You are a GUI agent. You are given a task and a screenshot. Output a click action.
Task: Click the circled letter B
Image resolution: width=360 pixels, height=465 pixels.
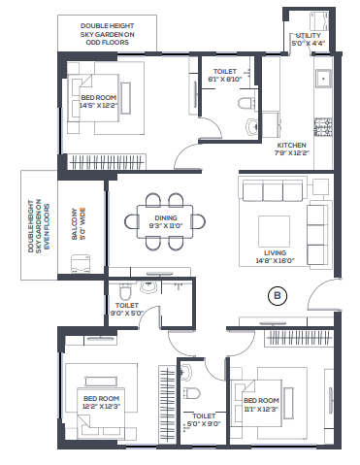(x=278, y=295)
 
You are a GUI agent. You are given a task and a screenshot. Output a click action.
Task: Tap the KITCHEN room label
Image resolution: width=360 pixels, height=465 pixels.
(x=291, y=145)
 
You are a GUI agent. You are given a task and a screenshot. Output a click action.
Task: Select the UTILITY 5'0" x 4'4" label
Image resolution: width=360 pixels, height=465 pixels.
(x=308, y=39)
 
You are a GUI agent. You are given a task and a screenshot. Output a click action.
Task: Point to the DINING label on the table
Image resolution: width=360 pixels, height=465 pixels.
(x=166, y=217)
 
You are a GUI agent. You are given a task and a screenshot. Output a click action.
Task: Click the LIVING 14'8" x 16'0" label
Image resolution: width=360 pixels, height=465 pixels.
(x=275, y=256)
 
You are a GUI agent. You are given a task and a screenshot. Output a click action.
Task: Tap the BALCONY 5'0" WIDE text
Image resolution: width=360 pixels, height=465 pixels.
(x=79, y=223)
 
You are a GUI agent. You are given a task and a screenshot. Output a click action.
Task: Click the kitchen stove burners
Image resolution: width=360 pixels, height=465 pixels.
(x=323, y=127)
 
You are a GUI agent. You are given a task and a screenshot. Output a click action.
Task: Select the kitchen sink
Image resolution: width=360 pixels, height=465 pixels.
(x=323, y=79)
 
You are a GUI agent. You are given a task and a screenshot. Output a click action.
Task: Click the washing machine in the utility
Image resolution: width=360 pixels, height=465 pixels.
(x=319, y=21)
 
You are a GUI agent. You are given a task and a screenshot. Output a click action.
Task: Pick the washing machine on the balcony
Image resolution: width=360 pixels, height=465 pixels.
(x=81, y=264)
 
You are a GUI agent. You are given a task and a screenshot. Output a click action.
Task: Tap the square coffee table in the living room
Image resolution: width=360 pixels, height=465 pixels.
(x=274, y=232)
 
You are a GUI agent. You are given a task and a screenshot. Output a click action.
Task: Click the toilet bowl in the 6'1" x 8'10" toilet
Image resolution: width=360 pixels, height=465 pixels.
(x=246, y=104)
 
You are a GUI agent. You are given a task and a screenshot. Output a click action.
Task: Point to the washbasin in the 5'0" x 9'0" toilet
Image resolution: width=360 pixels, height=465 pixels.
(x=185, y=372)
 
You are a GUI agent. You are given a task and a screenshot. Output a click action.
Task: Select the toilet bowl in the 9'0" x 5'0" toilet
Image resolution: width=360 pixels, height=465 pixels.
(x=125, y=291)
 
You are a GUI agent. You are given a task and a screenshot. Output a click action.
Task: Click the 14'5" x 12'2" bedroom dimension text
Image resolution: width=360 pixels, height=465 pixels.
(x=98, y=105)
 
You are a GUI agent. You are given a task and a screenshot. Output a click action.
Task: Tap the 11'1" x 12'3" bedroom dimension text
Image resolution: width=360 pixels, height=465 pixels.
(x=261, y=409)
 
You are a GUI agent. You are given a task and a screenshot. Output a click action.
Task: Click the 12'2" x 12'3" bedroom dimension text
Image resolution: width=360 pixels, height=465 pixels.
(x=101, y=406)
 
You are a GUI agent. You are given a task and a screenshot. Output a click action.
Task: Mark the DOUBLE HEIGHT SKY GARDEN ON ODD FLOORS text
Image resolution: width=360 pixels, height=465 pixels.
(x=107, y=34)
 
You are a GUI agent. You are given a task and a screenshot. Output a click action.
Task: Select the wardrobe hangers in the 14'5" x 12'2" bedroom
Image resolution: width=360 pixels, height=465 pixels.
(x=107, y=161)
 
